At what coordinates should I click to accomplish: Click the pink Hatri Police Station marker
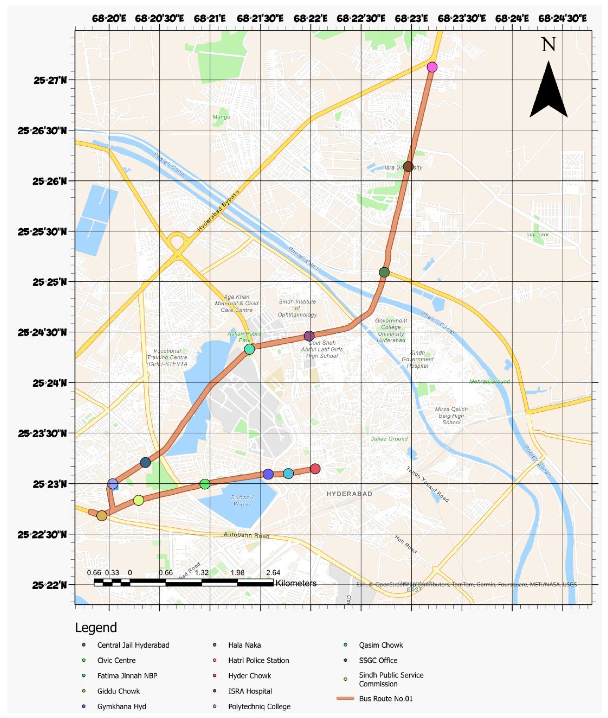(432, 67)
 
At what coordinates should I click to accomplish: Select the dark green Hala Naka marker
(384, 272)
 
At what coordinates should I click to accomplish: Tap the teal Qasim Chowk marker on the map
(250, 349)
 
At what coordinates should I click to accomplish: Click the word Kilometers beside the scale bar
(296, 583)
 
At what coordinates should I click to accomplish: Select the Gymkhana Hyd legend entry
(122, 706)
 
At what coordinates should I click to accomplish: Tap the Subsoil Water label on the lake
(242, 500)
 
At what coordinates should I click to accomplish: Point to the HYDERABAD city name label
(349, 494)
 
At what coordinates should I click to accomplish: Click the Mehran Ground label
(489, 381)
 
